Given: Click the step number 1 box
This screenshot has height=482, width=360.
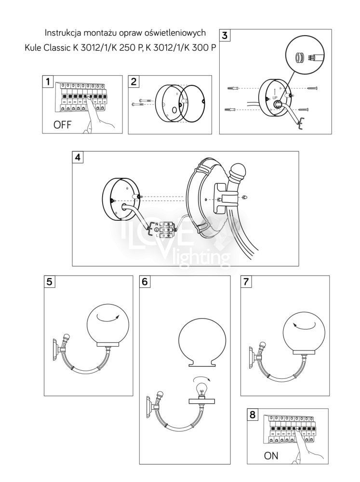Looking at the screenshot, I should point(47,81).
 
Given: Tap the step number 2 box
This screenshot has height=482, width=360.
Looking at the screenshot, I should point(135,81).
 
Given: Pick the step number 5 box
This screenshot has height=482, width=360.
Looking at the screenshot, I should point(50,281).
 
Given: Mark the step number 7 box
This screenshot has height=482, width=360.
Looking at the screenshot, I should point(246,282).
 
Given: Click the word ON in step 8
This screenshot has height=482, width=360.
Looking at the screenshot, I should point(271,455).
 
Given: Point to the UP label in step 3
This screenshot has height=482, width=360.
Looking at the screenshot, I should point(275,96).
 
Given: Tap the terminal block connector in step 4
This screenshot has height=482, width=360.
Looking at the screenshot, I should point(166,229).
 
